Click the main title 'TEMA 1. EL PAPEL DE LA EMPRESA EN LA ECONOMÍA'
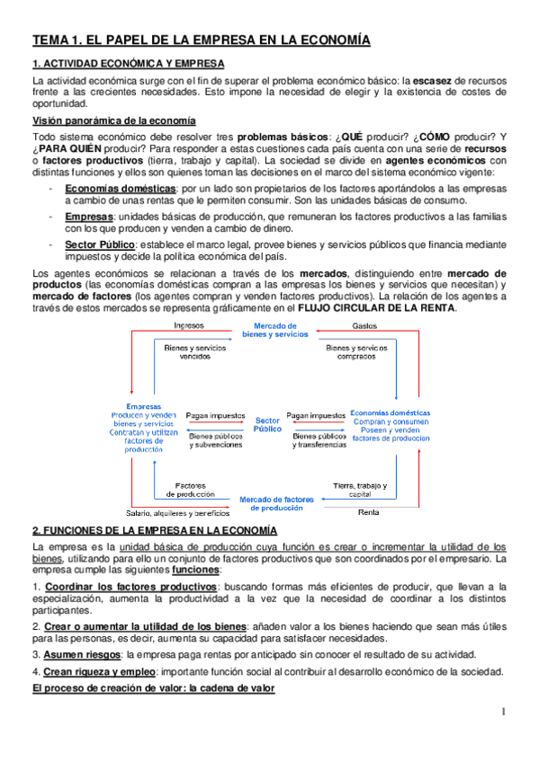[x=201, y=40]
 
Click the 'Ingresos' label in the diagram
[x=189, y=324]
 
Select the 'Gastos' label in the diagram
[x=365, y=324]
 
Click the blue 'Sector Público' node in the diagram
[x=267, y=424]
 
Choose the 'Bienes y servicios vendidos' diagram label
[x=189, y=351]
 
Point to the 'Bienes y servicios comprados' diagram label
[x=364, y=351]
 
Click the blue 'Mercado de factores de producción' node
[x=275, y=503]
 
